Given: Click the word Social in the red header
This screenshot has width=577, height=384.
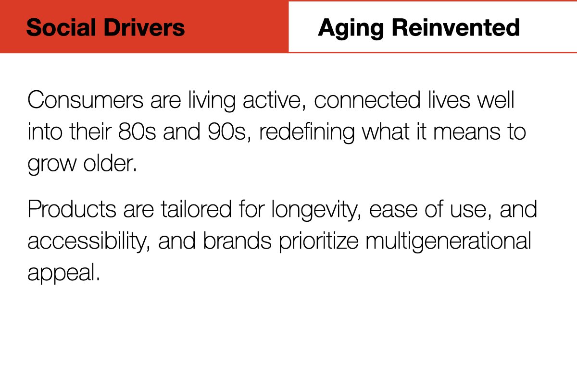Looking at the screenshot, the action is coord(62,27).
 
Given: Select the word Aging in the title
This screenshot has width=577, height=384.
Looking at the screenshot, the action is coord(351,28).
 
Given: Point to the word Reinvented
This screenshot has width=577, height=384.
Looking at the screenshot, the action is coord(456,27).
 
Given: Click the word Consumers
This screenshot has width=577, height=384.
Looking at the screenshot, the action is coord(85,100).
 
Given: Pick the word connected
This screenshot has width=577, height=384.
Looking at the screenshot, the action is coord(367,100).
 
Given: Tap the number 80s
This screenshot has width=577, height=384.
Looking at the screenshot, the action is coord(137,132).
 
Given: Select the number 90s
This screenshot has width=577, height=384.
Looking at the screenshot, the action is coord(226,132).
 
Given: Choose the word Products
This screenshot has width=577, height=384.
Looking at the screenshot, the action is coord(72,209).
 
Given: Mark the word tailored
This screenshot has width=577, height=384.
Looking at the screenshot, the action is coord(196,209).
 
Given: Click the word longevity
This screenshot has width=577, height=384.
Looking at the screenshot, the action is coord(315,210).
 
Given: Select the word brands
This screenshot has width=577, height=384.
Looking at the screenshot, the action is coord(237,240).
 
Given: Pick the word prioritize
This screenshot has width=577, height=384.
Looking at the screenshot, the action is coord(319,242).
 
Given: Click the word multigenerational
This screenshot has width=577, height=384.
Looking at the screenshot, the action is coord(448,242).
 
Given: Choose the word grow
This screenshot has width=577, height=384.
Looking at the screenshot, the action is coord(52,165).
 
